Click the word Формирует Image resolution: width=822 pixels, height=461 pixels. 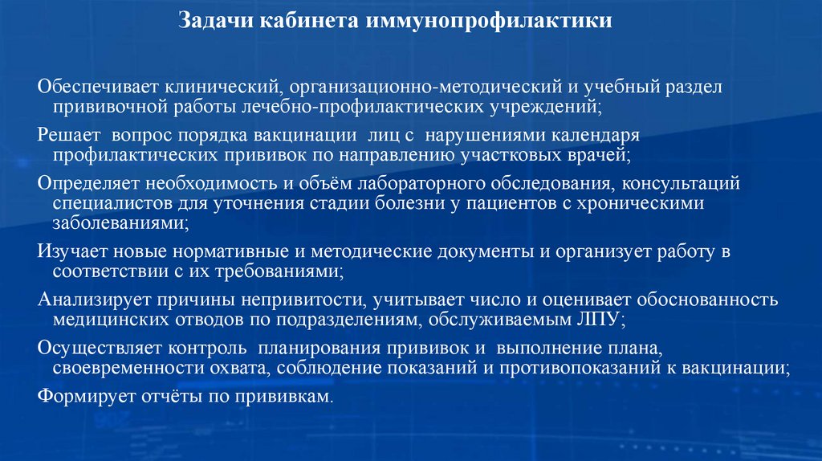point(79,397)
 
